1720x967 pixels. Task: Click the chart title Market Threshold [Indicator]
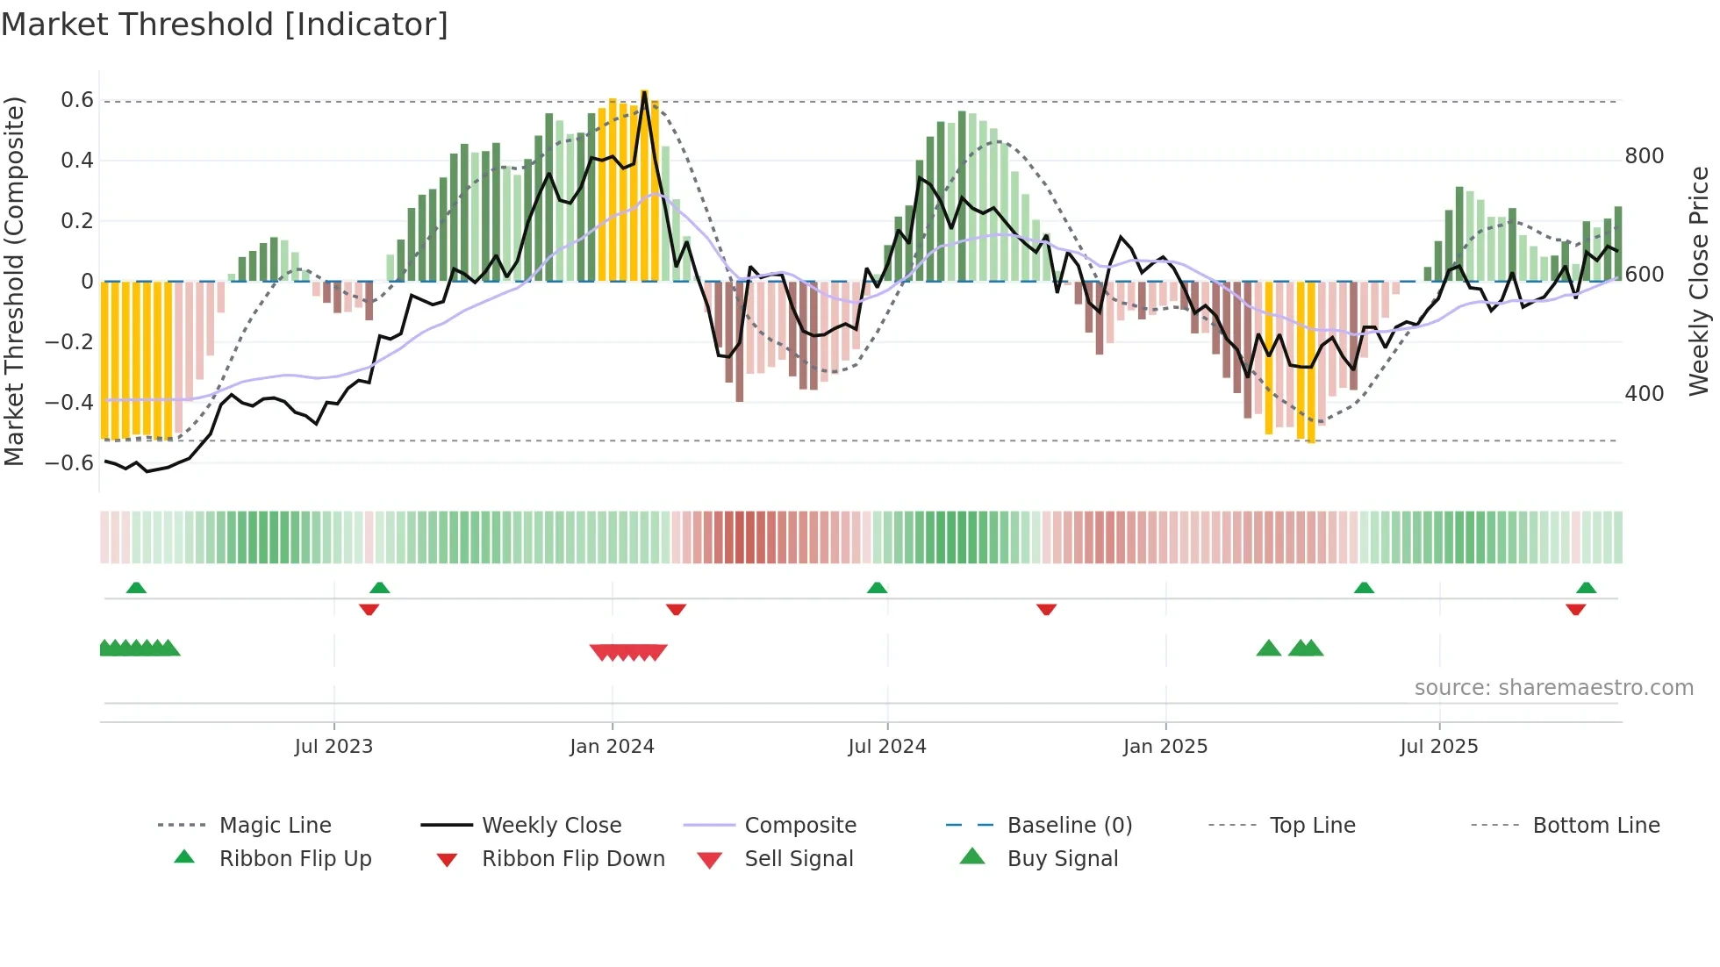point(225,25)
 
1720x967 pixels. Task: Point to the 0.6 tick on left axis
point(77,100)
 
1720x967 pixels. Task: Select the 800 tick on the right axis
point(1644,156)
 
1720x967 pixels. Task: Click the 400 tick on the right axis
point(1644,394)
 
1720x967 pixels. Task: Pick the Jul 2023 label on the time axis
point(333,747)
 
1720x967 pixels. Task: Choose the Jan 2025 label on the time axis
point(1165,747)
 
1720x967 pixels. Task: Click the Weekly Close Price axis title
point(1699,281)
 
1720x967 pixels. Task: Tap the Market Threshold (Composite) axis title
point(14,281)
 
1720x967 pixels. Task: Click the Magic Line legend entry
point(275,826)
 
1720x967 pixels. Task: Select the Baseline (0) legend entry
point(1069,826)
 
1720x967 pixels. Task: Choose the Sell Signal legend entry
point(798,859)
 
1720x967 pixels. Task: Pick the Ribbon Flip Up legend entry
point(295,859)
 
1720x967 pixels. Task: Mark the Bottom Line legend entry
point(1595,826)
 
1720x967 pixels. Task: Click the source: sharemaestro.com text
point(1553,688)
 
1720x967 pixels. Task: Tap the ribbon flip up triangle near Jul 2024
point(877,588)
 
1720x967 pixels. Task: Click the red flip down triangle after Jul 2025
point(1575,609)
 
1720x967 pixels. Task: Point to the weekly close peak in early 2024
point(645,93)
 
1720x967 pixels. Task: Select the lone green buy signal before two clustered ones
point(1268,648)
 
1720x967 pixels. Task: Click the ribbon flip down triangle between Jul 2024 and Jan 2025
point(1046,609)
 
